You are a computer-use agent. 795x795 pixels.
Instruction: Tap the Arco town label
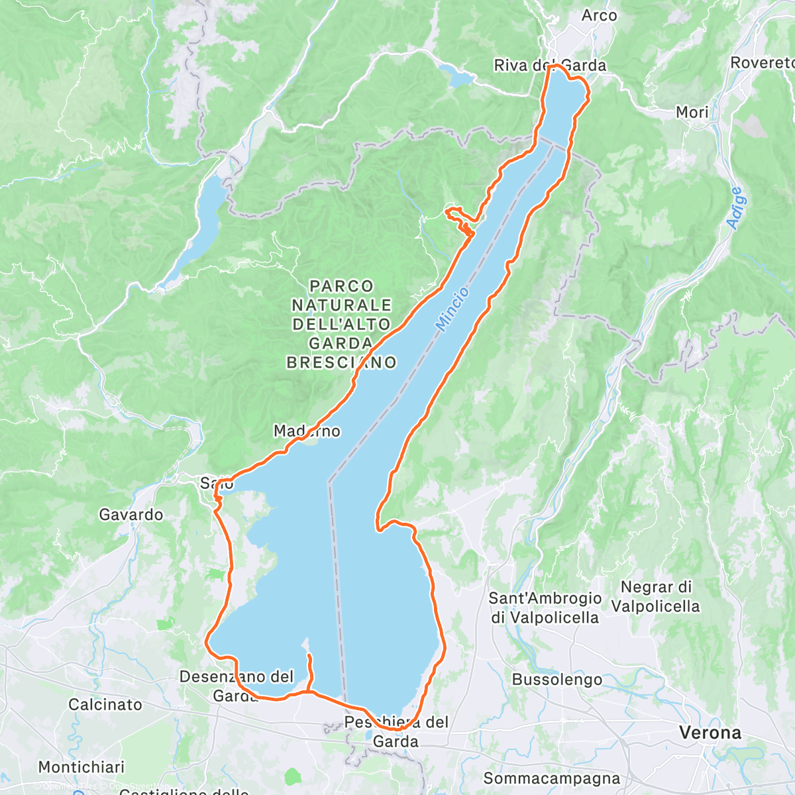(599, 15)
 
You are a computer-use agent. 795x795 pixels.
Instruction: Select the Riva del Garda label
(550, 65)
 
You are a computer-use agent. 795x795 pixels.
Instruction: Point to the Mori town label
(692, 113)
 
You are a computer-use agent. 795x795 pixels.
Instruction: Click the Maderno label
(307, 431)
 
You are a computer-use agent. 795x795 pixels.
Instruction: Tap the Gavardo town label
(131, 515)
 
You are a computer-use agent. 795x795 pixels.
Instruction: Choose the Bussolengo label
(557, 680)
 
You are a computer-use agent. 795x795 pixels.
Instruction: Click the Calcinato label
(105, 704)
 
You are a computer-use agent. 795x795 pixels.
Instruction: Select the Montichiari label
(81, 767)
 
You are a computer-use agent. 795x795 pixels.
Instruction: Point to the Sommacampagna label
(551, 778)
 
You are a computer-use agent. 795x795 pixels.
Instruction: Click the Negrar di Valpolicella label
(655, 597)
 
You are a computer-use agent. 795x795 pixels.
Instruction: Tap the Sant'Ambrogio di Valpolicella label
(545, 608)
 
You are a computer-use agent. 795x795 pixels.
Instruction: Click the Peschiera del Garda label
(396, 731)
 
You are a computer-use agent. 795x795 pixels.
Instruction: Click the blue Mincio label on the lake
(452, 309)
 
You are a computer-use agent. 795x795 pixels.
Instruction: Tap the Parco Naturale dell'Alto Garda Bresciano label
(341, 324)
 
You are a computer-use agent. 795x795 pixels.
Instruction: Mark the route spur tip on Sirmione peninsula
(309, 655)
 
